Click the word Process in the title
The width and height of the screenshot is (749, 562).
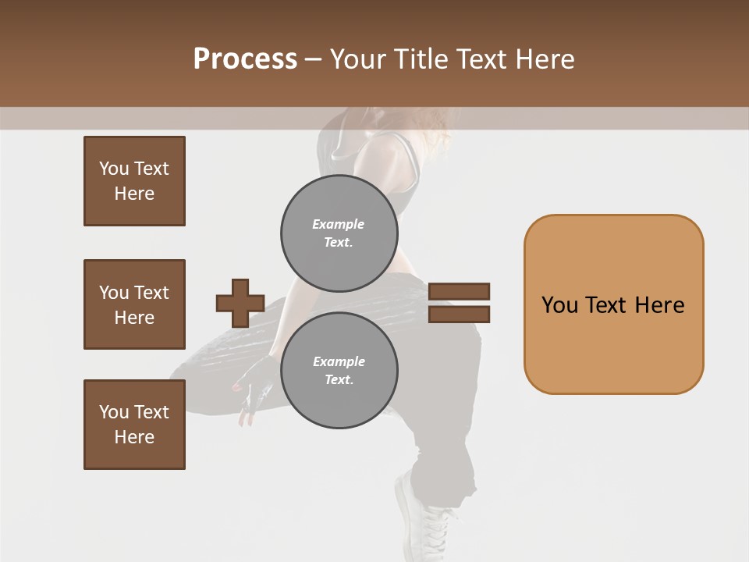point(245,59)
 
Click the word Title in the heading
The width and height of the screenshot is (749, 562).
point(423,59)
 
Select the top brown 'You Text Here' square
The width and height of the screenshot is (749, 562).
point(134,181)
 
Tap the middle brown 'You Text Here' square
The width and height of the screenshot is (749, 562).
point(134,304)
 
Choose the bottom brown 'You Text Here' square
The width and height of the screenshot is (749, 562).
point(134,425)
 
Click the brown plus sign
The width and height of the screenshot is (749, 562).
point(240,303)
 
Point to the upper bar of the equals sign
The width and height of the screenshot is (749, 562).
point(460,292)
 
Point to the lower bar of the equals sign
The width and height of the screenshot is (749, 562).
point(460,315)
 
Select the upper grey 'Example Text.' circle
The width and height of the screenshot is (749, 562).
point(339,233)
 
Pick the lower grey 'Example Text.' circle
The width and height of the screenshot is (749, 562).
point(339,370)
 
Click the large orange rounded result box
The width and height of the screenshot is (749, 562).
point(613,304)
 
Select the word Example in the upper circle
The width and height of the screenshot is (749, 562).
point(339,224)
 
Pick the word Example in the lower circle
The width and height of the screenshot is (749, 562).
point(339,361)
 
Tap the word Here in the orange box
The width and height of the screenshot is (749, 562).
point(659,304)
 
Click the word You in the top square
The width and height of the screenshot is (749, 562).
point(114,169)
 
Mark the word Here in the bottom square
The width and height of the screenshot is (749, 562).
point(134,437)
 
